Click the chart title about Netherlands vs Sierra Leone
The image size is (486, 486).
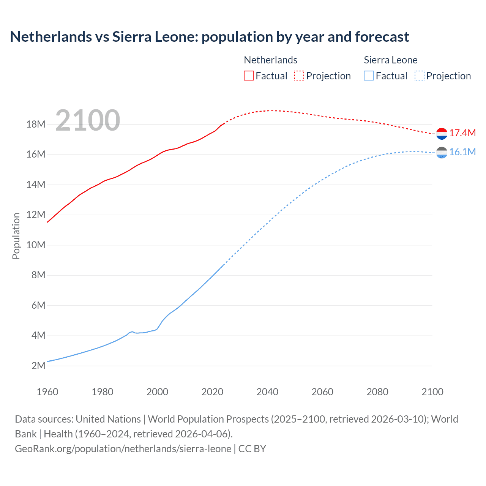[x=209, y=37]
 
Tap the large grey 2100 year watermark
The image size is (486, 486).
[x=88, y=120]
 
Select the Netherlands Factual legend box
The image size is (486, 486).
[x=248, y=76]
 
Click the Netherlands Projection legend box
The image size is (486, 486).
[x=299, y=76]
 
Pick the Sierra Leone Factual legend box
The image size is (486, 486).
[x=368, y=76]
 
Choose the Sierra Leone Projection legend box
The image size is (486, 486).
[x=419, y=76]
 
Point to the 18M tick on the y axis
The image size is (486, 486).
[x=36, y=124]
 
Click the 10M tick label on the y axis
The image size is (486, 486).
[x=36, y=245]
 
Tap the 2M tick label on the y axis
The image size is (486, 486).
[x=38, y=366]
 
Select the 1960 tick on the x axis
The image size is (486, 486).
[x=47, y=392]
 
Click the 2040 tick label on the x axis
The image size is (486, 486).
[x=267, y=392]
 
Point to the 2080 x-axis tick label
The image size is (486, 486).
[x=377, y=392]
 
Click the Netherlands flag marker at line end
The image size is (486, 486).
[x=442, y=134]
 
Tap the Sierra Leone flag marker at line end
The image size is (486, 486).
[x=442, y=153]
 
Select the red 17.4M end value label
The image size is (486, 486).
[x=462, y=133]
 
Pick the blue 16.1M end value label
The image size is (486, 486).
[x=462, y=152]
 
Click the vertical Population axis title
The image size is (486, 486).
[x=16, y=236]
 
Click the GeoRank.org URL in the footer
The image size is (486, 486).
[x=123, y=449]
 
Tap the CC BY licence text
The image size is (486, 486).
[x=252, y=449]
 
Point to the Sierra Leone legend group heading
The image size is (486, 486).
[x=390, y=60]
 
